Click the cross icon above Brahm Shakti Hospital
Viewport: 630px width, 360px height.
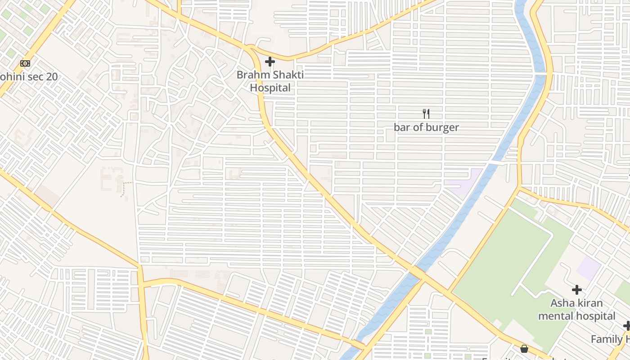[270, 62]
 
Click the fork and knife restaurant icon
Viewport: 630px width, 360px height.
[426, 114]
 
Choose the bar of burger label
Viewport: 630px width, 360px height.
[426, 127]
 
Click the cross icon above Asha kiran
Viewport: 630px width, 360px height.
[576, 290]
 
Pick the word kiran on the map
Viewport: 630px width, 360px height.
[590, 303]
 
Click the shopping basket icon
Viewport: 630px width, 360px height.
[524, 349]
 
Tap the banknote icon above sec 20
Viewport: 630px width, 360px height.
[25, 63]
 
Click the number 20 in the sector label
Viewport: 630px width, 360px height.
[51, 76]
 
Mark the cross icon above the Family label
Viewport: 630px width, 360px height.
[627, 326]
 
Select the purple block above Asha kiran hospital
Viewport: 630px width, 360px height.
[589, 268]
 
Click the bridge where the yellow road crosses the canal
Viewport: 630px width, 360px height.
[417, 272]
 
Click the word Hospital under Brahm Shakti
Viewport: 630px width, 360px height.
[270, 88]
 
